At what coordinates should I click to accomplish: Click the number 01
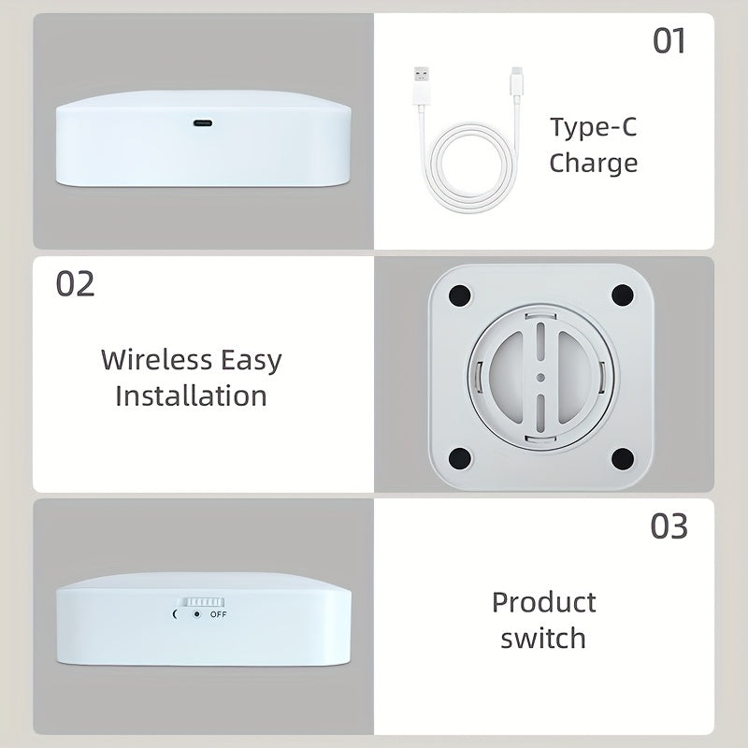click(669, 41)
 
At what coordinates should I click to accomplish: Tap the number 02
click(75, 283)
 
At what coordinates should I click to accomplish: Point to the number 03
click(669, 526)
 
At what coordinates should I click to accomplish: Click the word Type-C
click(593, 127)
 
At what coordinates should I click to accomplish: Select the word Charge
click(593, 163)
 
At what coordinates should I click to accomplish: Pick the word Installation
click(191, 395)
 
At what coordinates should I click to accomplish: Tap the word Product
click(544, 601)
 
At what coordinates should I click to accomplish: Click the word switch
click(543, 639)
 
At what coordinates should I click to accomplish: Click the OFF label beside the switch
click(218, 614)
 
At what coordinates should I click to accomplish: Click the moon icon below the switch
click(176, 614)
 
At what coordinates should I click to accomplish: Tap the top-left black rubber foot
click(458, 295)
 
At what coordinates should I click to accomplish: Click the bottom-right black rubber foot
click(623, 458)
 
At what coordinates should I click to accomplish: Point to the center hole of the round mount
click(540, 377)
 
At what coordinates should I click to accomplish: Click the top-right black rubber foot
click(623, 295)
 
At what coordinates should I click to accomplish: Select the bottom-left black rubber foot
click(458, 458)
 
